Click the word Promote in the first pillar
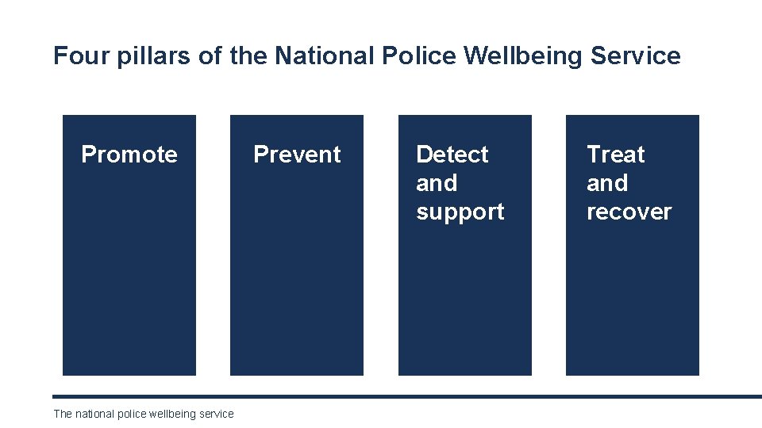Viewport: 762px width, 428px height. click(x=129, y=154)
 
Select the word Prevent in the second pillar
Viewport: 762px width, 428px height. click(x=297, y=154)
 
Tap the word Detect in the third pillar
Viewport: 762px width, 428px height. click(x=452, y=154)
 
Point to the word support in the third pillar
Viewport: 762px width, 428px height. click(x=460, y=212)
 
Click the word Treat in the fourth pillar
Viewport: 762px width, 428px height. click(x=616, y=154)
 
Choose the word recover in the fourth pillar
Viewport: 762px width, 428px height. click(x=629, y=212)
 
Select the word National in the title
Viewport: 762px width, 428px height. click(x=325, y=56)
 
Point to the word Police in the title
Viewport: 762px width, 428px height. click(x=419, y=56)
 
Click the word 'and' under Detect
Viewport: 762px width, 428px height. click(x=437, y=183)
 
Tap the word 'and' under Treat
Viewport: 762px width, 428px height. click(x=607, y=183)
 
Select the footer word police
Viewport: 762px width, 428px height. click(x=133, y=414)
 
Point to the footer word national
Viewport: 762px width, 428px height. click(x=94, y=414)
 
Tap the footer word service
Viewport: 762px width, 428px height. click(x=217, y=414)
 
